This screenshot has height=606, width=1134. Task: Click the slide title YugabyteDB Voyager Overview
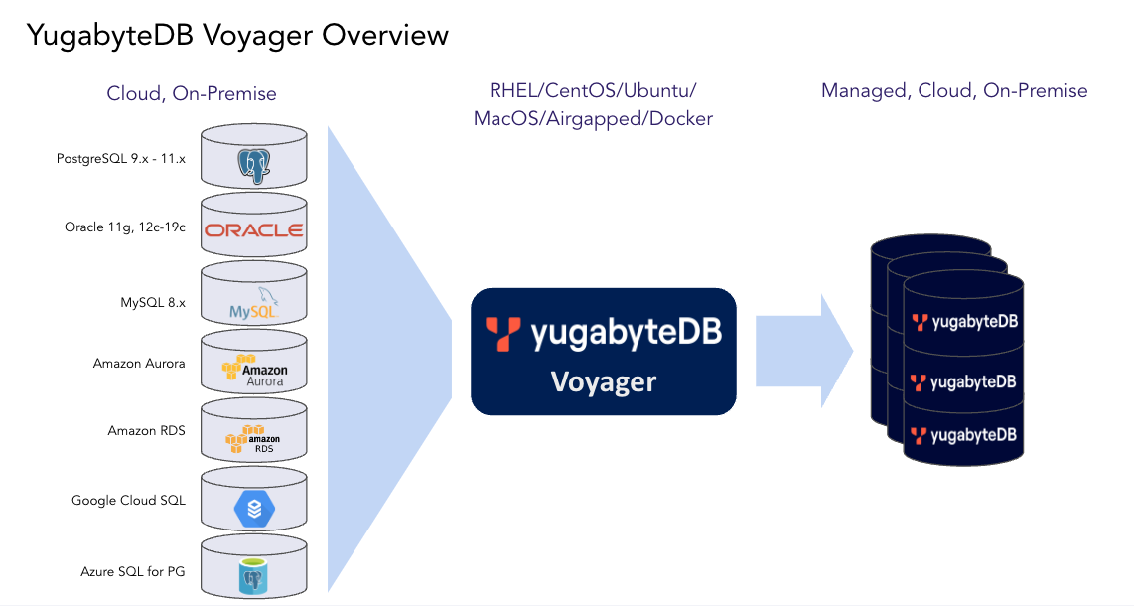237,35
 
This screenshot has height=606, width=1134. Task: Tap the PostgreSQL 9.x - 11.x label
120,158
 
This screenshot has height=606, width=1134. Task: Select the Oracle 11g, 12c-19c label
124,227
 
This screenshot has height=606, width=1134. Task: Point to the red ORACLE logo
254,230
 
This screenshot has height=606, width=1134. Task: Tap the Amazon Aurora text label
139,363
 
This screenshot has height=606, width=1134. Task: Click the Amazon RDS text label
146,430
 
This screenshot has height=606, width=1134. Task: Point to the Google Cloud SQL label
128,500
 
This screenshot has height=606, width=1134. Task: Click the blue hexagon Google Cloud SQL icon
253,509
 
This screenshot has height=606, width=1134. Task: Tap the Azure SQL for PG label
133,571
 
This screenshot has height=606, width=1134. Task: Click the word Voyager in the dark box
604,381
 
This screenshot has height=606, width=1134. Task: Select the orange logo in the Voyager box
502,334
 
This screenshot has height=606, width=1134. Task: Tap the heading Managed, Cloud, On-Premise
954,91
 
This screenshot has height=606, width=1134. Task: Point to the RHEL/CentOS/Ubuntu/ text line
592,91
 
